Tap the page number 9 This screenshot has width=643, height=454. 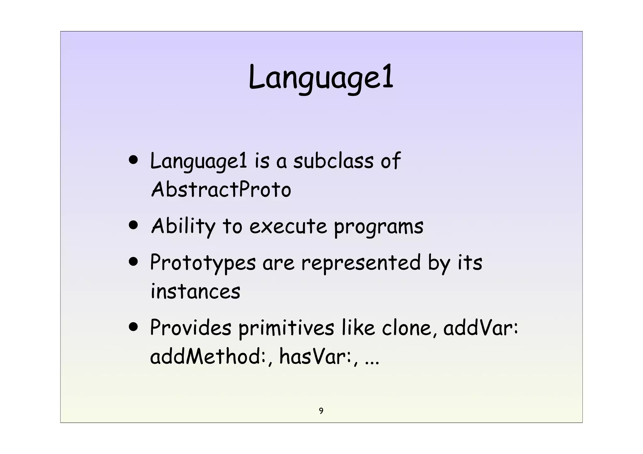pyautogui.click(x=321, y=411)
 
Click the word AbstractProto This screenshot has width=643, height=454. pyautogui.click(x=221, y=190)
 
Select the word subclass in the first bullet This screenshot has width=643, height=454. pyautogui.click(x=333, y=161)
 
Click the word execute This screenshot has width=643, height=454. pyautogui.click(x=288, y=226)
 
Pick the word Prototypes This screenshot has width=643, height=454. pyautogui.click(x=203, y=263)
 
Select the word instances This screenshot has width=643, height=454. pyautogui.click(x=195, y=291)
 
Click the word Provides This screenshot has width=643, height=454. pyautogui.click(x=190, y=328)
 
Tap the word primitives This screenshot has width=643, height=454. pyautogui.click(x=286, y=328)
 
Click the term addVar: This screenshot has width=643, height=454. pyautogui.click(x=480, y=328)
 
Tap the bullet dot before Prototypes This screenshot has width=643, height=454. pyautogui.click(x=133, y=262)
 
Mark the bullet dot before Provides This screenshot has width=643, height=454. pyautogui.click(x=133, y=328)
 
